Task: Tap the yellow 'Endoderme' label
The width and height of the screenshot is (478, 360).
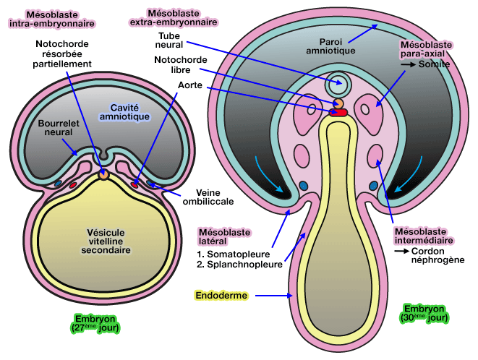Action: (221, 296)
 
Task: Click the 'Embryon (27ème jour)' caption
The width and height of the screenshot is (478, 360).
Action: (95, 323)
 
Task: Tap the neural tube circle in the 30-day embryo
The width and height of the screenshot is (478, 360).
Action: (337, 84)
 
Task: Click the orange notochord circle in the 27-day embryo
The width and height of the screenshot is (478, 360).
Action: (104, 173)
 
